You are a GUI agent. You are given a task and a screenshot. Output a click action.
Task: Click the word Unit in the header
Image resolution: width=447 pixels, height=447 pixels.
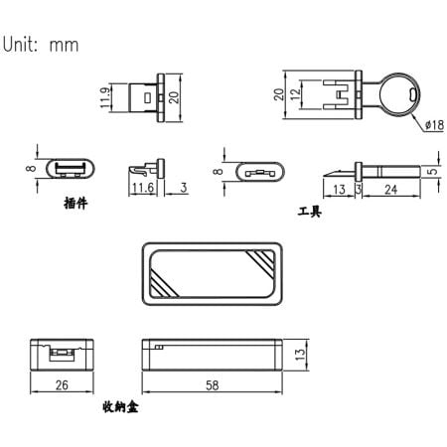click(22, 45)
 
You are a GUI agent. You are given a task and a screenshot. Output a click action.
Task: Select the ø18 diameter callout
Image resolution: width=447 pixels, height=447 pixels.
click(433, 125)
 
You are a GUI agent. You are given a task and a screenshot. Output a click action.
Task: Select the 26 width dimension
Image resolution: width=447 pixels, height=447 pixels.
click(62, 384)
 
